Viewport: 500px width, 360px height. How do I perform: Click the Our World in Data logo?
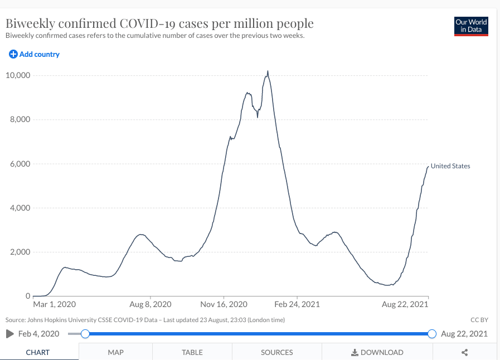click(471, 26)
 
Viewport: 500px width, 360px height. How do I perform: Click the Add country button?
click(34, 54)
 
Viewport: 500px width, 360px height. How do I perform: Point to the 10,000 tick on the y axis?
click(18, 75)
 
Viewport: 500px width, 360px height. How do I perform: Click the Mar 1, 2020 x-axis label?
click(54, 304)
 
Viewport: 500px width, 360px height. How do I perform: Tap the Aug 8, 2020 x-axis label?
click(151, 304)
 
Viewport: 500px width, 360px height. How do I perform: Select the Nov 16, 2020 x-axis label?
click(224, 304)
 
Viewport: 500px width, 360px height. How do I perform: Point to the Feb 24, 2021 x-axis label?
click(297, 304)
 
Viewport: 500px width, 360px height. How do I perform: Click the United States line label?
click(450, 166)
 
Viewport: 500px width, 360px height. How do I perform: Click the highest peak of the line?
click(268, 71)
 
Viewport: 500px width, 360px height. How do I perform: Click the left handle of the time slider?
click(85, 334)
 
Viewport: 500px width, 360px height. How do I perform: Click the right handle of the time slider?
click(431, 334)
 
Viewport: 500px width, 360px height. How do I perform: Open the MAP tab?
click(115, 352)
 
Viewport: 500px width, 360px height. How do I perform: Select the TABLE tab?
click(192, 352)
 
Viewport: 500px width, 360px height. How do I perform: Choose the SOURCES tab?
click(276, 352)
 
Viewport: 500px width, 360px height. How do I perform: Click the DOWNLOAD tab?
click(377, 352)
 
